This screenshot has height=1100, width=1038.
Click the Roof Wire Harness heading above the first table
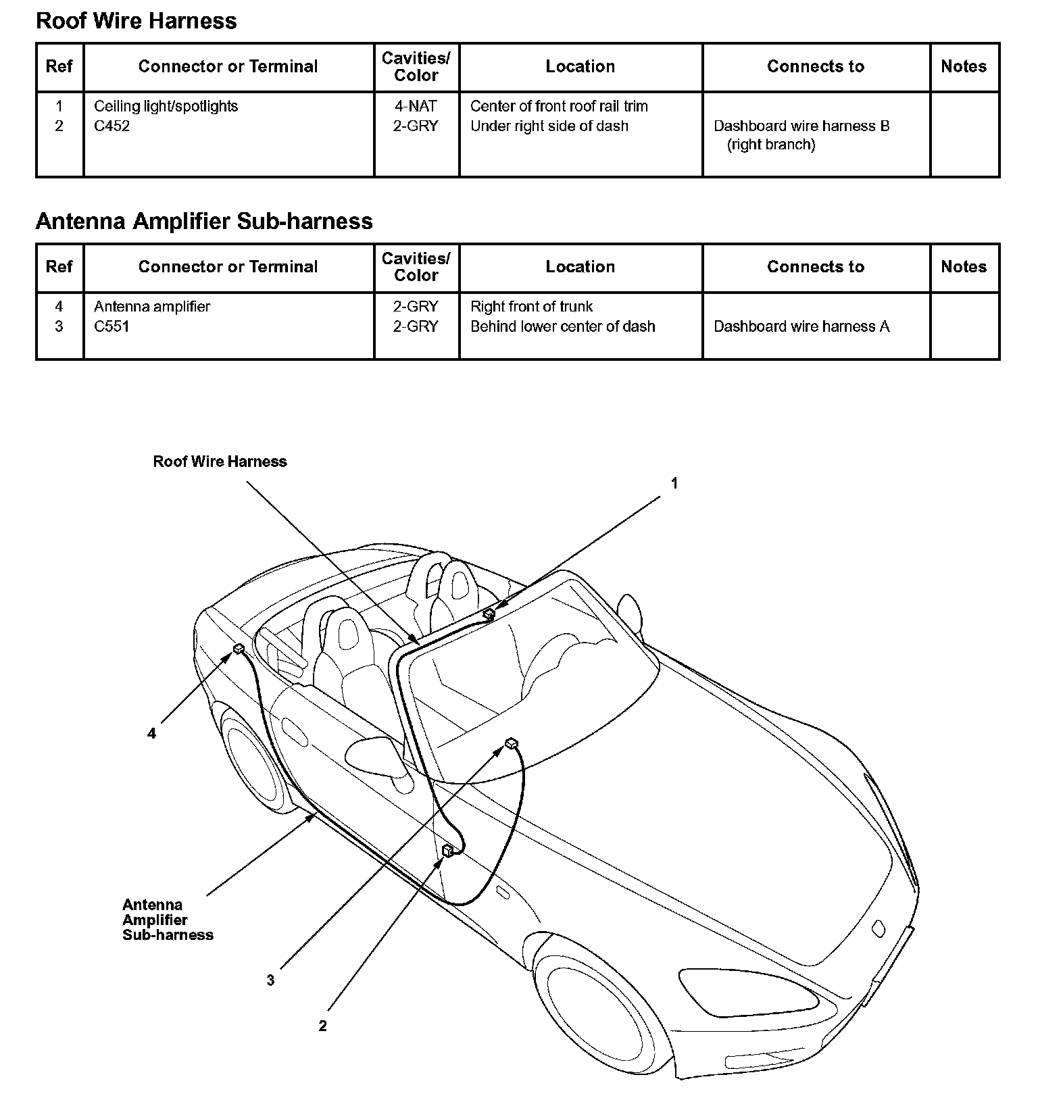tap(136, 21)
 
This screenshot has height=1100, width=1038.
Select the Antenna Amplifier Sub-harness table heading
tap(203, 221)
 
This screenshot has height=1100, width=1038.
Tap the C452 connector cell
tap(112, 126)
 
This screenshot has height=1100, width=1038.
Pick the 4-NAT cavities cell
tap(416, 106)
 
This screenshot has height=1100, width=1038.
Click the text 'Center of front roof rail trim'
tap(558, 106)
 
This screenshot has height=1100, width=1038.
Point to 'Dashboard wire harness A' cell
tap(801, 326)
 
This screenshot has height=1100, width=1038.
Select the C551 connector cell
tap(112, 326)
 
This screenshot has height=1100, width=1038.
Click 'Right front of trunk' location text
tap(531, 307)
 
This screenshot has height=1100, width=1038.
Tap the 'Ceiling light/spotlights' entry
tap(166, 106)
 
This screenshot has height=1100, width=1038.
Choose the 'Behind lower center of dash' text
tap(562, 326)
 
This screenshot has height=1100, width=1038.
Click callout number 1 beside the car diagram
tap(674, 483)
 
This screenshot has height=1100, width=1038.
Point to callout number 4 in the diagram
tap(151, 733)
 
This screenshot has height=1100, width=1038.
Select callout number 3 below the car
tap(270, 980)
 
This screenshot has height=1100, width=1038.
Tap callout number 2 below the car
tap(322, 1026)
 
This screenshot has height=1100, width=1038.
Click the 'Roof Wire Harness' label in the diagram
tap(220, 461)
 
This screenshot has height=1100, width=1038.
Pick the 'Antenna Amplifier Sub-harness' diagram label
tap(168, 920)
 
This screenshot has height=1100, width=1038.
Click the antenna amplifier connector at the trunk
tap(239, 649)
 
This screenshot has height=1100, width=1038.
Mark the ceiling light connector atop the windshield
tap(489, 614)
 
